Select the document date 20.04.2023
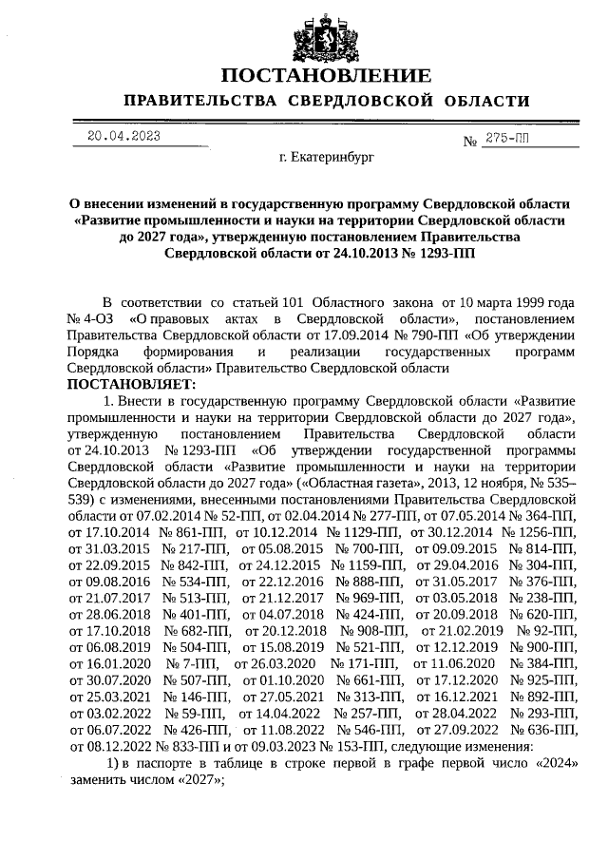123,135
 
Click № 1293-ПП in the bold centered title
438,255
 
